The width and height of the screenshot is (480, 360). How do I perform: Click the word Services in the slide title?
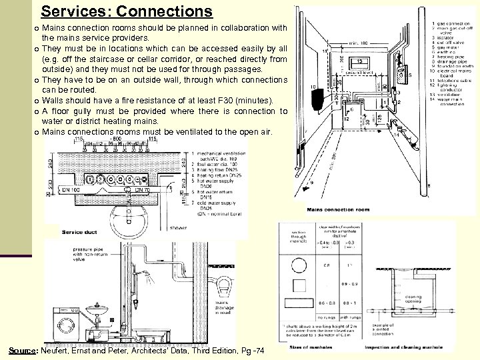71,11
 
